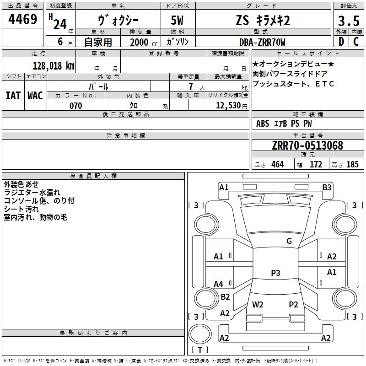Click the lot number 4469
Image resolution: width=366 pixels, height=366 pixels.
point(22,19)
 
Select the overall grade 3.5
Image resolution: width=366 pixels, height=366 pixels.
point(349,21)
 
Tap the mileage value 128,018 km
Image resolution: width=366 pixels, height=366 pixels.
point(54,65)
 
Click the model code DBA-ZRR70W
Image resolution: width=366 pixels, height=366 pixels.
point(262,42)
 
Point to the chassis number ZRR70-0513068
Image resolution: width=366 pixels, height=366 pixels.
point(307,145)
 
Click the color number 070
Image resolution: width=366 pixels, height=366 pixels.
point(76,106)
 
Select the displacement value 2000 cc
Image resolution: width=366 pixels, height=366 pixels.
point(144,42)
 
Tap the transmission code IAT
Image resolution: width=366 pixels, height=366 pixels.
point(13,96)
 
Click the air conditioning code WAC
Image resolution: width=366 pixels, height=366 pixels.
point(35,96)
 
